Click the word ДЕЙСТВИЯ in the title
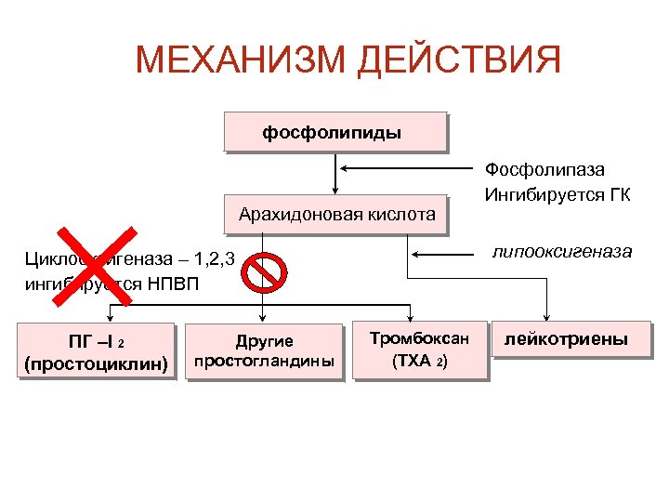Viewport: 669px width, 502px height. tap(459, 61)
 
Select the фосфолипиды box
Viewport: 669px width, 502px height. tap(333, 133)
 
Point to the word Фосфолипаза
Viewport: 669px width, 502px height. tap(544, 170)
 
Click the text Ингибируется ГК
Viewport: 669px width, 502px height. tap(557, 194)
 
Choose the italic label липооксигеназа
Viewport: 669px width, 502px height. tap(562, 252)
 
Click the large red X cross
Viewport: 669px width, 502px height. tap(95, 265)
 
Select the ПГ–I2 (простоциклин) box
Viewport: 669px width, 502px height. tap(97, 351)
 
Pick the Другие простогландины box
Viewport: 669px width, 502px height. tap(264, 351)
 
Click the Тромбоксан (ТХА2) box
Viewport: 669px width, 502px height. tap(419, 350)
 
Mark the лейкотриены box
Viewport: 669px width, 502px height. tap(566, 340)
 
